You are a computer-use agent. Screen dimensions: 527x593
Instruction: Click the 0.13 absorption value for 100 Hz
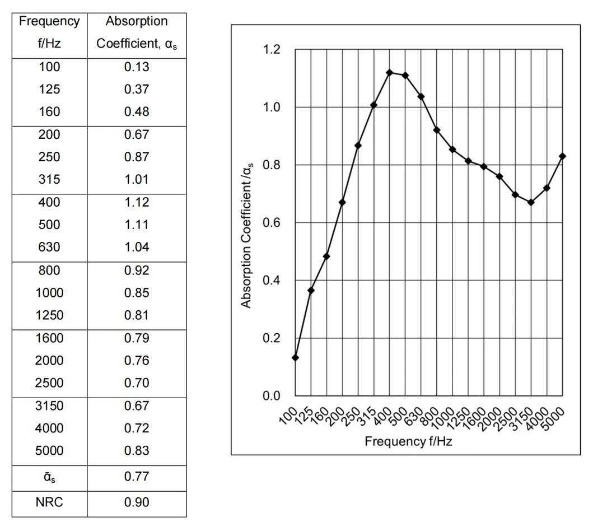coord(137,67)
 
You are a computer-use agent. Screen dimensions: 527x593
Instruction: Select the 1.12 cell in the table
coord(137,202)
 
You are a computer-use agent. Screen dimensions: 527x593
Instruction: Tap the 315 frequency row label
coord(49,180)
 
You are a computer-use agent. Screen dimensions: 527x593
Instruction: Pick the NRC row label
coord(49,502)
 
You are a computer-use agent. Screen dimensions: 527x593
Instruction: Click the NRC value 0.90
coord(137,502)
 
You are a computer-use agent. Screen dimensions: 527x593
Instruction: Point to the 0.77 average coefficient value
coord(137,477)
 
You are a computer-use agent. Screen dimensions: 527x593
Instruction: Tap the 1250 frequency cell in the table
coord(49,315)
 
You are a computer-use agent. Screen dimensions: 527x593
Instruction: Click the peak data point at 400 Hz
coord(389,72)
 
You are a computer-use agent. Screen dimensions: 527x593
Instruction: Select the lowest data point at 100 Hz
coord(295,357)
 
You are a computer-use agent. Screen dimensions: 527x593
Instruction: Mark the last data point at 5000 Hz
coord(563,156)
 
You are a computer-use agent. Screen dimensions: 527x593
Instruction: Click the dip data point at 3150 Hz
coord(531,202)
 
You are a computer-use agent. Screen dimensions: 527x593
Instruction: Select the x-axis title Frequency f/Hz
coord(408,441)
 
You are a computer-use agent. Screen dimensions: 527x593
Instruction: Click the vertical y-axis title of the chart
coord(247,235)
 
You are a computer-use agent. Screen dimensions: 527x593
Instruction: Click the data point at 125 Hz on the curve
coord(311,290)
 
